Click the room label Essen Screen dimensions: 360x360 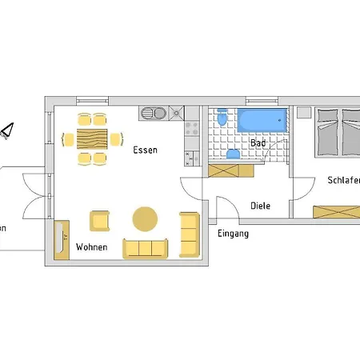(146, 150)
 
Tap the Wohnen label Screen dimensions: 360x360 (91, 247)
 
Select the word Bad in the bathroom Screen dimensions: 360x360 (258, 143)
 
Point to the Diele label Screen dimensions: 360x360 (260, 206)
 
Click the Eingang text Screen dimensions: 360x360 (233, 234)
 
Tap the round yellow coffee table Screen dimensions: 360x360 (145, 218)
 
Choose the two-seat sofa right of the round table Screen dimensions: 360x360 (189, 234)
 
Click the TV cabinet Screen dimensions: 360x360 (60, 239)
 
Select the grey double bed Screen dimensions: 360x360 (336, 132)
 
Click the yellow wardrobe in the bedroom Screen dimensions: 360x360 (336, 211)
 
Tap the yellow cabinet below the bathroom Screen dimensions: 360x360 (231, 170)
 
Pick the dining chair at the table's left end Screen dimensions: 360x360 (69, 139)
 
